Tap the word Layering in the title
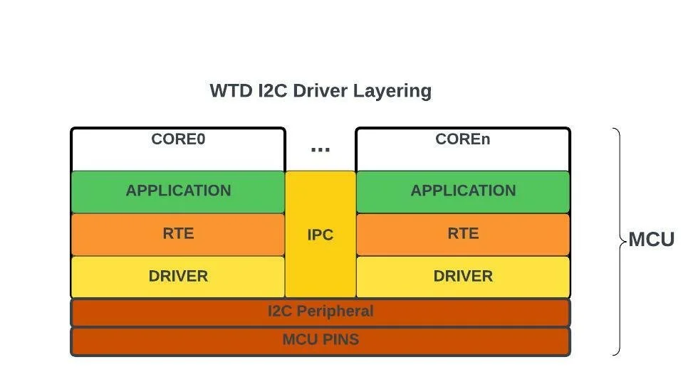[x=396, y=91]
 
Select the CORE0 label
[x=178, y=139]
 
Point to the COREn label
[x=463, y=139]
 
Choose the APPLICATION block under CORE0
[x=178, y=191]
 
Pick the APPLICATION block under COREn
[x=463, y=191]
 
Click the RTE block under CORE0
[x=178, y=234]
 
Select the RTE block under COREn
[x=463, y=234]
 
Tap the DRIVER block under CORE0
[x=178, y=277]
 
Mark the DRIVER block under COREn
[x=463, y=277]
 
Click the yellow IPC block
[x=321, y=235]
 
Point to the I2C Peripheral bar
[x=321, y=312]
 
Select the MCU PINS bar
[x=321, y=340]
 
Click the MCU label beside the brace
[x=651, y=240]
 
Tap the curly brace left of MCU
[x=618, y=240]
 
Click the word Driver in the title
[x=325, y=91]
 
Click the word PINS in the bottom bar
[x=340, y=340]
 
